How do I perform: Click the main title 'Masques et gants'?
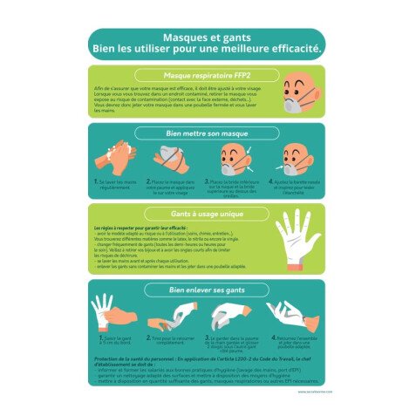207,38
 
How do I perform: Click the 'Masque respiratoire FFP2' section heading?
207,75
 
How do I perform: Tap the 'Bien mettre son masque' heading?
207,133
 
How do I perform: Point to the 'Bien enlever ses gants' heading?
207,289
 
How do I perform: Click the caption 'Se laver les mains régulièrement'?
117,184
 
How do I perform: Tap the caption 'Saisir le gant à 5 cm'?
118,340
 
